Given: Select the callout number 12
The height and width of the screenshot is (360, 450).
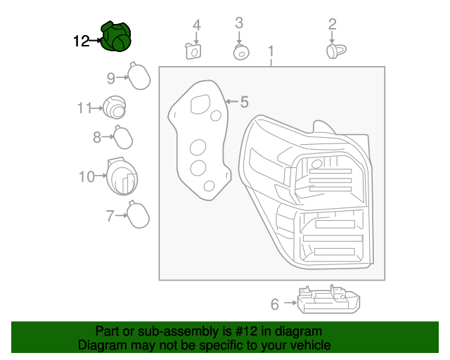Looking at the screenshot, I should pos(82,41).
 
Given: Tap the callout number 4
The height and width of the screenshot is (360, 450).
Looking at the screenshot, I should pos(197,25).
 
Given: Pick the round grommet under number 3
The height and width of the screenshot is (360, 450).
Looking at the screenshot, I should pos(240,52).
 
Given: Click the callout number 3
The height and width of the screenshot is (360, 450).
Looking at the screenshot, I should pos(239,22).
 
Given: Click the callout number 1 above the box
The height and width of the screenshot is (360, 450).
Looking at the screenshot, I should pos(271,51).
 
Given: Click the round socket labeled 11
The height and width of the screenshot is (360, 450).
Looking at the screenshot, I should pos(114,108).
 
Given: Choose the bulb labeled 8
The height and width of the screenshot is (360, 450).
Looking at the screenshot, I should pos(124,136).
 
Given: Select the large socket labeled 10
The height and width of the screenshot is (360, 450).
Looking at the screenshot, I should pos(122,176).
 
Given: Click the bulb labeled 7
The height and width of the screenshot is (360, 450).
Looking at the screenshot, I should pos(137,214).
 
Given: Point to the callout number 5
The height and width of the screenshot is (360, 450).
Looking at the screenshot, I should pos(244,102).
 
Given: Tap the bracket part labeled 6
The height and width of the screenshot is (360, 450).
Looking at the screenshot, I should pos(329,300).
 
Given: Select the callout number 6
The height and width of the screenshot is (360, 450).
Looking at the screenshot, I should pos(275,304).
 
